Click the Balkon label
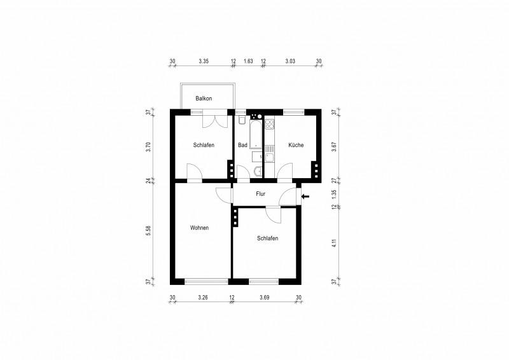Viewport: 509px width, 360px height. (x=204, y=99)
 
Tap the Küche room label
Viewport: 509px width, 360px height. (x=296, y=145)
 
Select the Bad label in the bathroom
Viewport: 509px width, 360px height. (x=242, y=145)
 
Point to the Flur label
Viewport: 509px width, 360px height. (x=260, y=193)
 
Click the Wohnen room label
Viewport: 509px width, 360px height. (x=199, y=227)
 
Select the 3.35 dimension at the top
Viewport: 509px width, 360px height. (x=204, y=61)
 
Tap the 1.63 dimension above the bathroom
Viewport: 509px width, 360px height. (x=248, y=61)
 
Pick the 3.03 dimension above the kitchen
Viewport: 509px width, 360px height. (x=290, y=61)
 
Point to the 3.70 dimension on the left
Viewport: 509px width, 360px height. (x=148, y=146)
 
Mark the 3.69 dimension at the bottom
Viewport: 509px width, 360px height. (x=265, y=297)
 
